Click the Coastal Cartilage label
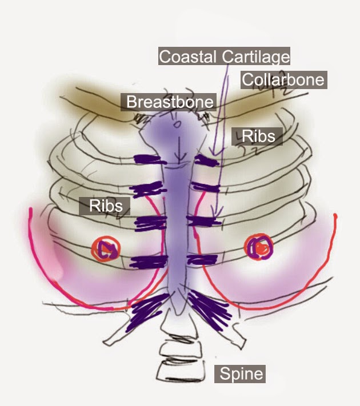tap(224, 56)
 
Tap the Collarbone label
tap(283, 80)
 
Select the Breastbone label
tap(169, 102)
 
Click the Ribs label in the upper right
tap(257, 136)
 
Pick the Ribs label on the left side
tap(105, 206)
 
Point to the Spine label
tap(240, 373)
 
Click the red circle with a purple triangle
tap(106, 249)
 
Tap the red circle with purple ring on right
tap(259, 247)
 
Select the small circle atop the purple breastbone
tap(177, 125)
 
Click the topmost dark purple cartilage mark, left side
tap(150, 159)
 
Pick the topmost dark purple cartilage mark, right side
tap(207, 160)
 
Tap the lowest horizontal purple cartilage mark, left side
tap(149, 262)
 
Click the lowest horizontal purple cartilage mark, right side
tap(202, 259)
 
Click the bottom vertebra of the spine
tap(181, 371)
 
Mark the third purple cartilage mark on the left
tap(151, 223)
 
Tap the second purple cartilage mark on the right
tap(206, 187)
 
